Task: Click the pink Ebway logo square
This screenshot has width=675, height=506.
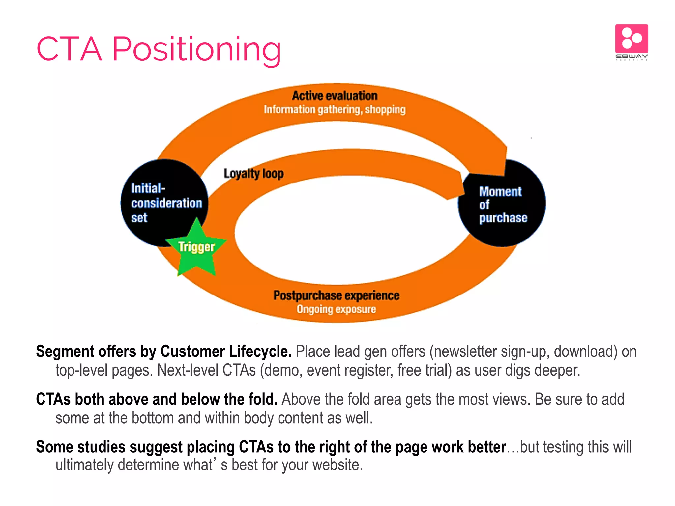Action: point(631,39)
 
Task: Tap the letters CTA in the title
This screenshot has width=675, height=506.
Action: point(69,49)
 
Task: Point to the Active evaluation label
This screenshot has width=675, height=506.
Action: point(335,96)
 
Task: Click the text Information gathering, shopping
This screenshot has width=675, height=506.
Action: point(335,110)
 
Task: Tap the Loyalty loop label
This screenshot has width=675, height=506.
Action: point(253,174)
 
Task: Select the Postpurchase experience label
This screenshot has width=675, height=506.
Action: point(336,295)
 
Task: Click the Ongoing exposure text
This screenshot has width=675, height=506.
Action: point(336,309)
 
